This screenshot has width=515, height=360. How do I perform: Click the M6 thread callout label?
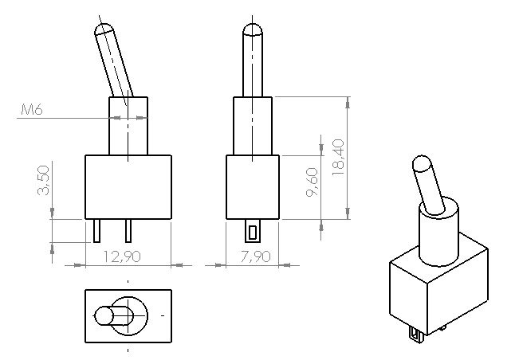point(32,109)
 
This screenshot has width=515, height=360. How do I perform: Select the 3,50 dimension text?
point(43,180)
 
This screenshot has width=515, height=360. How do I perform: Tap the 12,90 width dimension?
point(122,256)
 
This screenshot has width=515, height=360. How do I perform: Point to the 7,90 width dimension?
point(256,256)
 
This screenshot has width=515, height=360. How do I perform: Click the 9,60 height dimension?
point(312,182)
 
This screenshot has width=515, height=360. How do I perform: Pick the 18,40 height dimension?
point(338,157)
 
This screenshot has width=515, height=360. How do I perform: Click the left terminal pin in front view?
point(96,231)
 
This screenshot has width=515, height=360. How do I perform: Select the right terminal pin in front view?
point(128,231)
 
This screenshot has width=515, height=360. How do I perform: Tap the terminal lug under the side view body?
point(252,231)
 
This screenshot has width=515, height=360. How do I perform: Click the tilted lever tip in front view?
point(104,29)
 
